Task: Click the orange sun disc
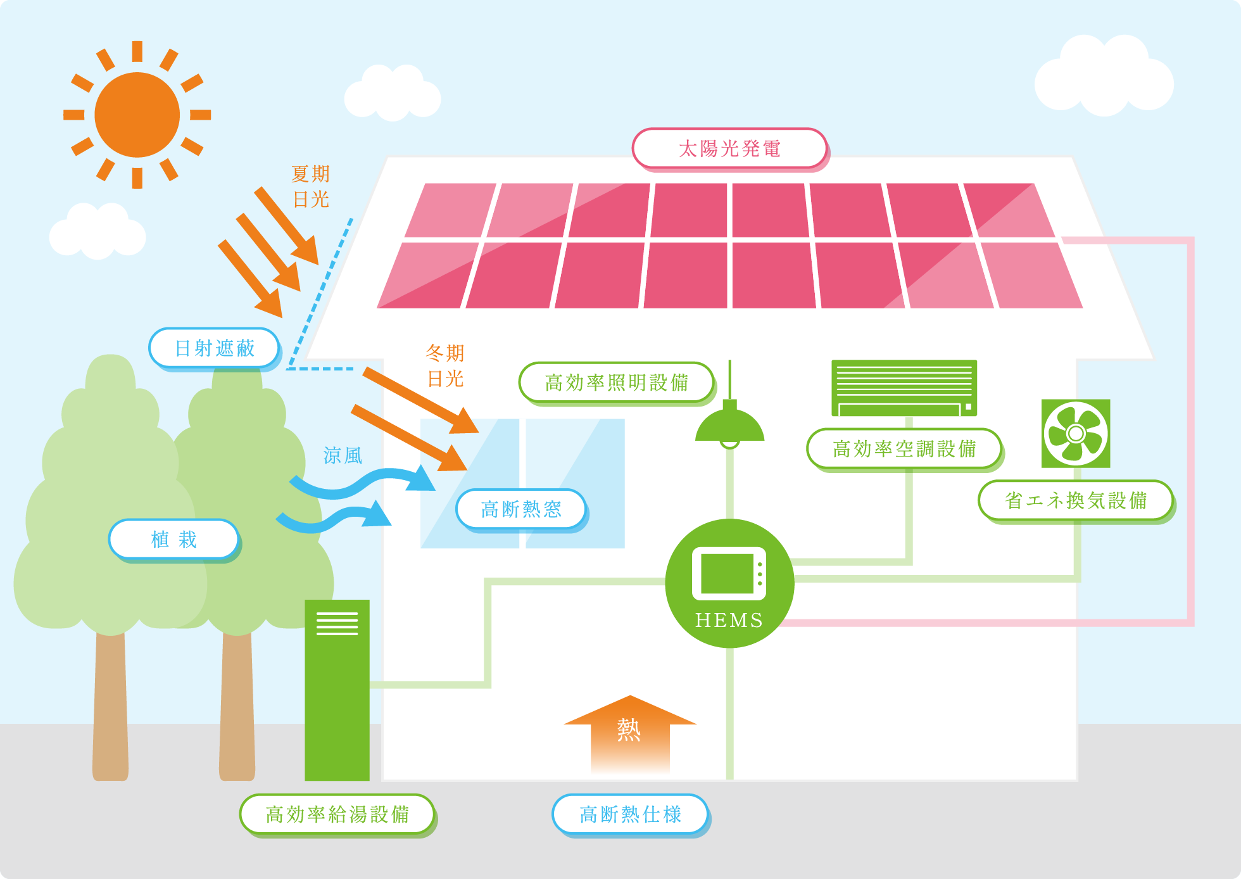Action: tap(137, 115)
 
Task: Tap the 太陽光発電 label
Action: tap(729, 149)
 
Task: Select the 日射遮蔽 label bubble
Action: tap(215, 348)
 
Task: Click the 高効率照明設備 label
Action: tap(616, 383)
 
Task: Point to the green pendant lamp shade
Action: tap(729, 426)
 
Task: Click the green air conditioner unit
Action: tap(904, 388)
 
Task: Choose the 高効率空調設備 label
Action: tap(904, 449)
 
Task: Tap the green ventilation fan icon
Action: tap(1075, 434)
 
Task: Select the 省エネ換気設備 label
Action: tap(1075, 500)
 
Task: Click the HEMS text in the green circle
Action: tap(729, 620)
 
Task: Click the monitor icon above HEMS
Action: tap(729, 573)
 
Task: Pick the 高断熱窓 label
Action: tap(521, 509)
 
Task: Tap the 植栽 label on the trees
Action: tap(174, 540)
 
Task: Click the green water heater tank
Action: tap(337, 690)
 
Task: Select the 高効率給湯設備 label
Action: tap(337, 814)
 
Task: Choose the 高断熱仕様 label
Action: tap(630, 814)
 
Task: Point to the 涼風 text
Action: tap(343, 455)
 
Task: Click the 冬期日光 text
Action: tap(445, 366)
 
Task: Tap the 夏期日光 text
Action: tap(311, 187)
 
